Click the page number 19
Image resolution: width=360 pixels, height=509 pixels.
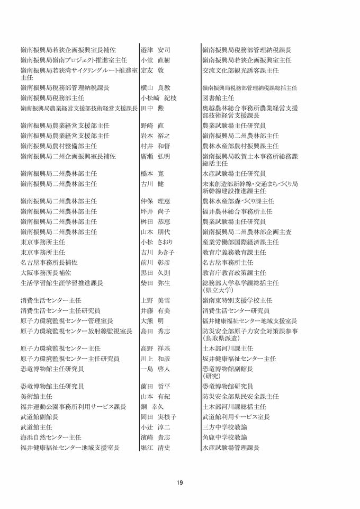pos(180,482)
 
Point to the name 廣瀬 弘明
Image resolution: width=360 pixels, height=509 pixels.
pos(156,156)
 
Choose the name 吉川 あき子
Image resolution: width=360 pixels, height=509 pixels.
pos(157,252)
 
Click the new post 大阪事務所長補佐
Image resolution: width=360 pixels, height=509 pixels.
pos(49,272)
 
